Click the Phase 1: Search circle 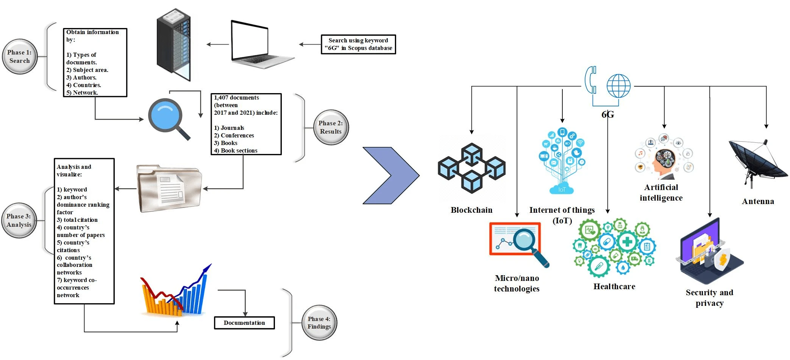(20, 57)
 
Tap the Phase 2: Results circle (331, 128)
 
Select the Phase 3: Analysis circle (19, 220)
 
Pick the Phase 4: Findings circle (319, 323)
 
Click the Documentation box (244, 323)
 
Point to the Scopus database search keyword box (358, 44)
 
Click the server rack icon (174, 45)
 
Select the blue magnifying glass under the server (168, 119)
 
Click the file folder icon (169, 188)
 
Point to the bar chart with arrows (175, 290)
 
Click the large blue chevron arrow (391, 176)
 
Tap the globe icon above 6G (618, 86)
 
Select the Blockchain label (472, 210)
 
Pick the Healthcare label (614, 287)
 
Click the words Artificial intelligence (661, 193)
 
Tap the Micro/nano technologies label (517, 284)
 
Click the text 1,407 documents (236, 98)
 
